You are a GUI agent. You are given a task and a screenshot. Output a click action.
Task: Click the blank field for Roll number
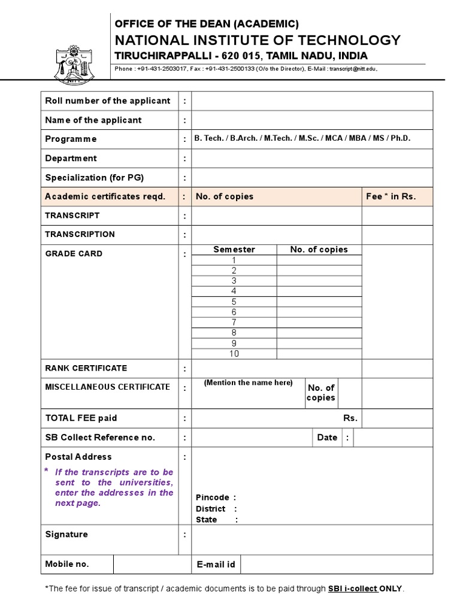click(311, 101)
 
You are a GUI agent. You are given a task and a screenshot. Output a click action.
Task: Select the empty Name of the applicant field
click(311, 120)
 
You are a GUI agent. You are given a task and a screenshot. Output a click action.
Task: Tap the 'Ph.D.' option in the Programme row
click(401, 139)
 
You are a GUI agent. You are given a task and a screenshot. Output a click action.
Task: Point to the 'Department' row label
click(71, 159)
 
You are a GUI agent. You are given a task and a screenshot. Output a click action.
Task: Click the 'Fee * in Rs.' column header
click(391, 196)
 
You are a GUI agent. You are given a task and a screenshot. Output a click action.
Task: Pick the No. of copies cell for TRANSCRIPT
click(277, 216)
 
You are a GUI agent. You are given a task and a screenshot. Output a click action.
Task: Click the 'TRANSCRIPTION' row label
click(80, 235)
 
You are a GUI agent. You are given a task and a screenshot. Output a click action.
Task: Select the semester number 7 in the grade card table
click(234, 322)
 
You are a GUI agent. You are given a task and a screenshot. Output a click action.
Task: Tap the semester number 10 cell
click(234, 353)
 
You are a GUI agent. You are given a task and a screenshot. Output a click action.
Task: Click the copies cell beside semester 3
click(319, 281)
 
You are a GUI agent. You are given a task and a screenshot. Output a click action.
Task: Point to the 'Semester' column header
click(234, 250)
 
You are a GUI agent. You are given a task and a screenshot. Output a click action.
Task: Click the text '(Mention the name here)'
click(248, 383)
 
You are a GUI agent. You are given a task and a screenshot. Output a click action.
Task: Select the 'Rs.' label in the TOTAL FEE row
click(350, 418)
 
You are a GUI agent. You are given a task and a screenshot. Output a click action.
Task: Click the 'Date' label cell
click(327, 438)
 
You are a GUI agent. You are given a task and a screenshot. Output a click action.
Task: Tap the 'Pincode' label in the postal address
click(213, 497)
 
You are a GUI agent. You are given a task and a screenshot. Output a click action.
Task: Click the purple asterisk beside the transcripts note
click(47, 472)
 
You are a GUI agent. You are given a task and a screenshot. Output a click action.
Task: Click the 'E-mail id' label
click(216, 565)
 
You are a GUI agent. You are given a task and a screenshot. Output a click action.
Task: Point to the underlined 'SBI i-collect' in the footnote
click(353, 589)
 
